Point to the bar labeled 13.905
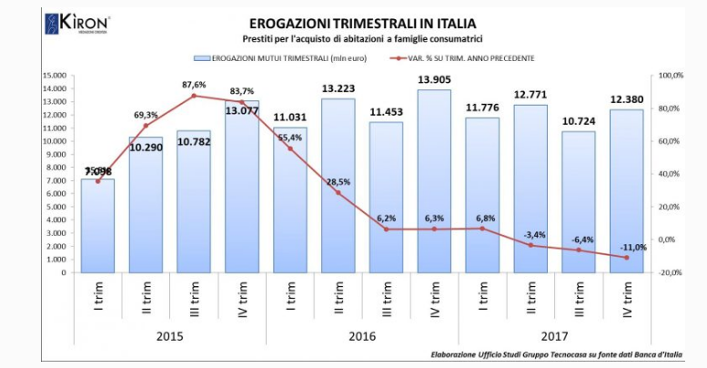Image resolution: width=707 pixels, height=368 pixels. [433, 182]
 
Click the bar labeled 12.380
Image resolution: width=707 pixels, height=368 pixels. [626, 191]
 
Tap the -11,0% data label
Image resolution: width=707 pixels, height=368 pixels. [632, 247]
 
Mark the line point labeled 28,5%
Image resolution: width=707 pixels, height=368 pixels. [338, 193]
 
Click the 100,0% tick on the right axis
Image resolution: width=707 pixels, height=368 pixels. [671, 76]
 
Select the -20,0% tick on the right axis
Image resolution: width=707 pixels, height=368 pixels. [671, 272]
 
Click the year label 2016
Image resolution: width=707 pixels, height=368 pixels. [362, 335]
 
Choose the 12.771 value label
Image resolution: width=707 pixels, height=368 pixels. [530, 93]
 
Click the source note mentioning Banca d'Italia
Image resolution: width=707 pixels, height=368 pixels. [556, 355]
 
